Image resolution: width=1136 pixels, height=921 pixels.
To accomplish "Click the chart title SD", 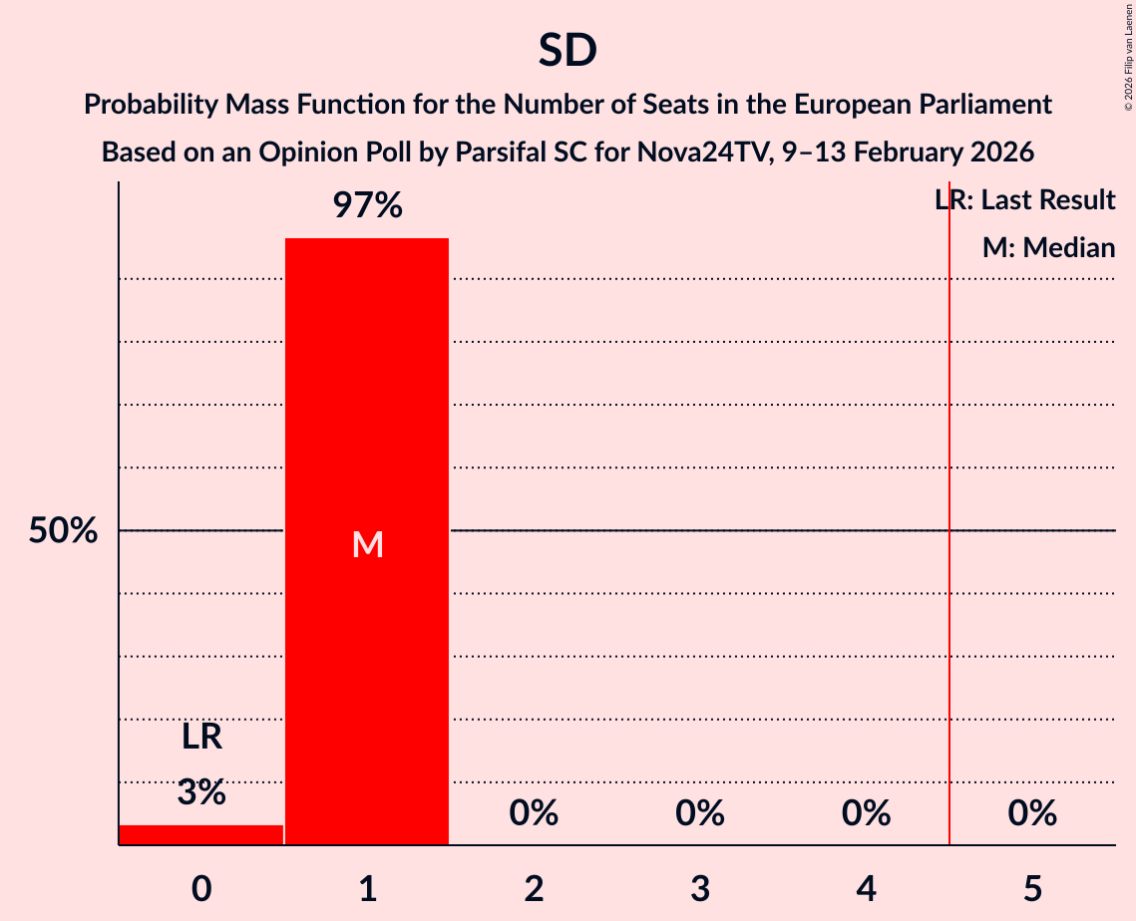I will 568,50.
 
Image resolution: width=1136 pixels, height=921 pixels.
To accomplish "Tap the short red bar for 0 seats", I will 200,835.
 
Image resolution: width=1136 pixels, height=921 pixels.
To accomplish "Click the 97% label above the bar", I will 367,206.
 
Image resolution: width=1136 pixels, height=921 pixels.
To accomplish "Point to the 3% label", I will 200,793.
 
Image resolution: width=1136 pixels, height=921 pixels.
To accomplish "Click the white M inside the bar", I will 367,544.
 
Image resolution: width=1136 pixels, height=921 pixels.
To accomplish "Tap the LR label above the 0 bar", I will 200,738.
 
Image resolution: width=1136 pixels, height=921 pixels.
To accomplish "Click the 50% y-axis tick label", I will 62,531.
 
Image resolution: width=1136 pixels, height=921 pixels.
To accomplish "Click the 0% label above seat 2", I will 534,814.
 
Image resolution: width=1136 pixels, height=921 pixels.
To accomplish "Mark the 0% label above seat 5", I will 1032,814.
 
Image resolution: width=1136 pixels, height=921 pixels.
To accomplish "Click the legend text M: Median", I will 1048,247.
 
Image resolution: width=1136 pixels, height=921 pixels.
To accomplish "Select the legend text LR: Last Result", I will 1025,200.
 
